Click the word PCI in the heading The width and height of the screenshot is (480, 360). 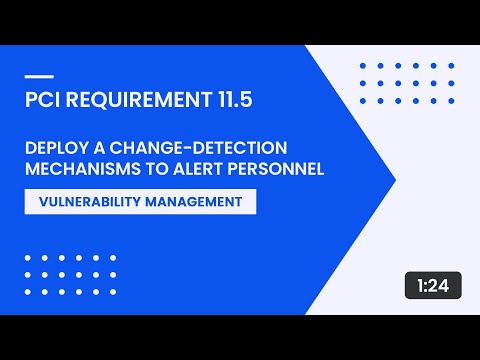(x=41, y=100)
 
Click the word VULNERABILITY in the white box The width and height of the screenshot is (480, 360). (x=88, y=201)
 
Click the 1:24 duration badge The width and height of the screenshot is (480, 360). (x=433, y=286)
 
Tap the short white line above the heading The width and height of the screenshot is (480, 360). (x=37, y=77)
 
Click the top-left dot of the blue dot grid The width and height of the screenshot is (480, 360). (x=361, y=65)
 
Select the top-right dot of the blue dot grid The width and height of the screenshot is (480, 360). (x=451, y=65)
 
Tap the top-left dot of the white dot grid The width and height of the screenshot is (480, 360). (x=27, y=257)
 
